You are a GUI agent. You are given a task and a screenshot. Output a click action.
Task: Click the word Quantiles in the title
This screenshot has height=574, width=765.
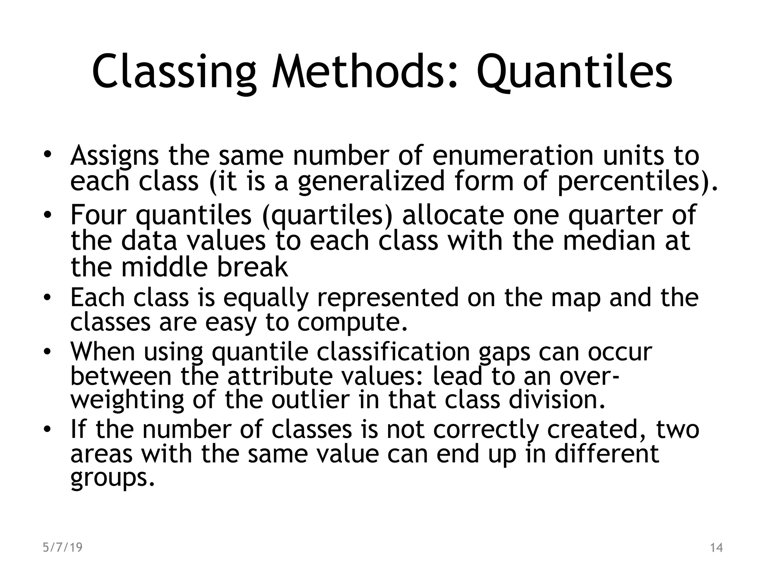574,72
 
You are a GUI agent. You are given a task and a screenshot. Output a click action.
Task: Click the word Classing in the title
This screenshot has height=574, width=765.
174,72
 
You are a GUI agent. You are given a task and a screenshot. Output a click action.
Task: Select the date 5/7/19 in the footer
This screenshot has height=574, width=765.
62,547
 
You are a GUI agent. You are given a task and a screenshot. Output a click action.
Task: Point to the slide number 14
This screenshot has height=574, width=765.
716,548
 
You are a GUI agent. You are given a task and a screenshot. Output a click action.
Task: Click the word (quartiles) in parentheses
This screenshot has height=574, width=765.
328,216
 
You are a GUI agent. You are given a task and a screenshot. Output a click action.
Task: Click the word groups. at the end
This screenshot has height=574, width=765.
112,478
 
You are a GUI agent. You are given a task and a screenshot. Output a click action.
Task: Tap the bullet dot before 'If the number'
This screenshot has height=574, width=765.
46,430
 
